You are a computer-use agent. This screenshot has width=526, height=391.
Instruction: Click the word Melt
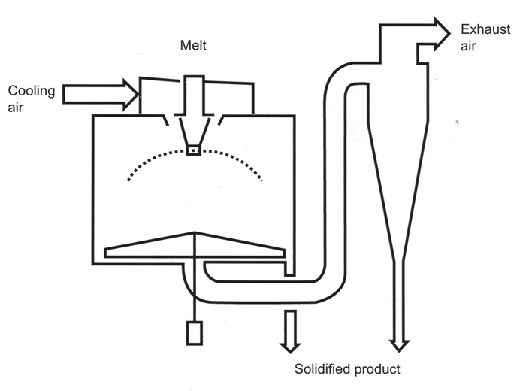pyautogui.click(x=193, y=45)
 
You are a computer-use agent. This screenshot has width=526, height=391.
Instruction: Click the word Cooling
pyautogui.click(x=32, y=92)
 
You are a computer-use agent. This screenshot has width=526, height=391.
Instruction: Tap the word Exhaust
pyautogui.click(x=485, y=29)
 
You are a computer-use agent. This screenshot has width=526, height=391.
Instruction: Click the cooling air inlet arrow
pyautogui.click(x=100, y=95)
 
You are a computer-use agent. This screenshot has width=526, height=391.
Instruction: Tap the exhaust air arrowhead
pyautogui.click(x=442, y=34)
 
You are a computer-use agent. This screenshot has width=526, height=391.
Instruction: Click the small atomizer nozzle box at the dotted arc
pyautogui.click(x=194, y=150)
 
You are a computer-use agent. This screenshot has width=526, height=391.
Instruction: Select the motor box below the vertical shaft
pyautogui.click(x=195, y=333)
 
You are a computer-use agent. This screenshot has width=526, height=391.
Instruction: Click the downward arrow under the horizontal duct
pyautogui.click(x=290, y=332)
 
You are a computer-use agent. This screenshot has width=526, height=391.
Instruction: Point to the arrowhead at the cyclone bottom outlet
pyautogui.click(x=399, y=346)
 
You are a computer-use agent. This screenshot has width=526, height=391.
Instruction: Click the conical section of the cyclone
pyautogui.click(x=398, y=190)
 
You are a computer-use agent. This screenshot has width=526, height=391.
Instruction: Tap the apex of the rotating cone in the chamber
pyautogui.click(x=194, y=232)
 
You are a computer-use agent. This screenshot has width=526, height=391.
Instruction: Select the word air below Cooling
pyautogui.click(x=16, y=108)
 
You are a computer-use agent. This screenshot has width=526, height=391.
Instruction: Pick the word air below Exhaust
pyautogui.click(x=468, y=47)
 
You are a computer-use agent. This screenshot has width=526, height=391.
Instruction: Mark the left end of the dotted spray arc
pyautogui.click(x=128, y=180)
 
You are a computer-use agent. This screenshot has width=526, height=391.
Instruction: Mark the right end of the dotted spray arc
pyautogui.click(x=261, y=180)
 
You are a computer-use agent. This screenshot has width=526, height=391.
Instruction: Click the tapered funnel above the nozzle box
pyautogui.click(x=194, y=131)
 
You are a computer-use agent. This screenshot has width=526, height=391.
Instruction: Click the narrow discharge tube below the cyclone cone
pyautogui.click(x=399, y=302)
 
